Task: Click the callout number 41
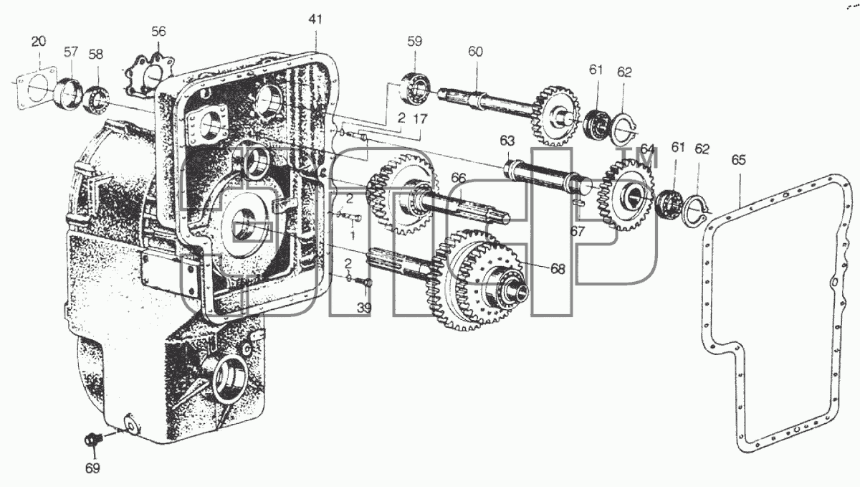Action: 315,19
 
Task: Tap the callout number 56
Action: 158,32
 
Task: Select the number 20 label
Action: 39,41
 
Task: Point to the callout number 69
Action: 92,468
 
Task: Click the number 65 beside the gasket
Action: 738,160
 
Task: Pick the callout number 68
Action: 558,269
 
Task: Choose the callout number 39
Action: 364,308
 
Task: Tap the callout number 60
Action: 475,52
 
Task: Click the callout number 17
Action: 420,119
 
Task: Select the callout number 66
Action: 459,178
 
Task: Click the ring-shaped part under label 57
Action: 67,93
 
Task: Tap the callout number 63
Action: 507,141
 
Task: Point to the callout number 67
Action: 577,232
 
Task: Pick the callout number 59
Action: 415,41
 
